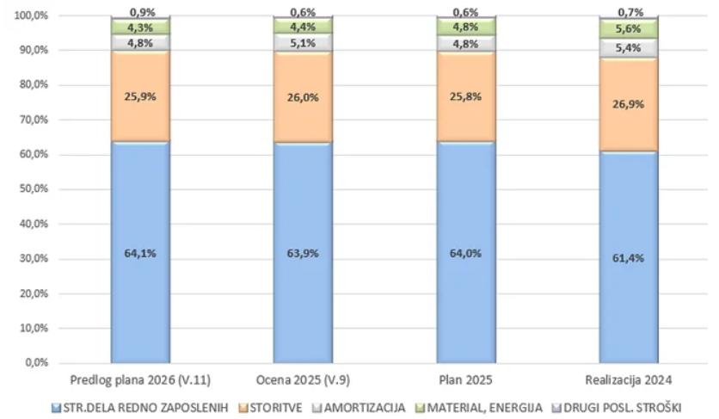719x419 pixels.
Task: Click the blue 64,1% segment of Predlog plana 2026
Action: (140, 252)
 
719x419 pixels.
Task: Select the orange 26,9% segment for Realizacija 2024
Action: (629, 104)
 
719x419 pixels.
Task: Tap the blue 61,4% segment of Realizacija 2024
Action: (629, 257)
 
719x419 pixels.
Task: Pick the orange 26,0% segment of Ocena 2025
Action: (303, 97)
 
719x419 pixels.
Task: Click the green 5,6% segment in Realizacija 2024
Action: (629, 29)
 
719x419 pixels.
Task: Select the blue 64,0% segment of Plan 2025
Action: (465, 252)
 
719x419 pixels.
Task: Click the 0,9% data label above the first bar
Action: (140, 12)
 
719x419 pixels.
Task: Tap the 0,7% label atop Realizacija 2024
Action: (629, 12)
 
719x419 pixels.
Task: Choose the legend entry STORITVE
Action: (273, 408)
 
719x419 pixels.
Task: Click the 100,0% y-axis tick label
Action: (32, 15)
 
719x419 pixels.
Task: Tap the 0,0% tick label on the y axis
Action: (37, 363)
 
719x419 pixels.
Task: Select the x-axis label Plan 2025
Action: (465, 379)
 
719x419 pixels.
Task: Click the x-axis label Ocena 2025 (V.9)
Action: (303, 379)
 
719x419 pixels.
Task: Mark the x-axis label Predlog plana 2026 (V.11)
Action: (140, 379)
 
